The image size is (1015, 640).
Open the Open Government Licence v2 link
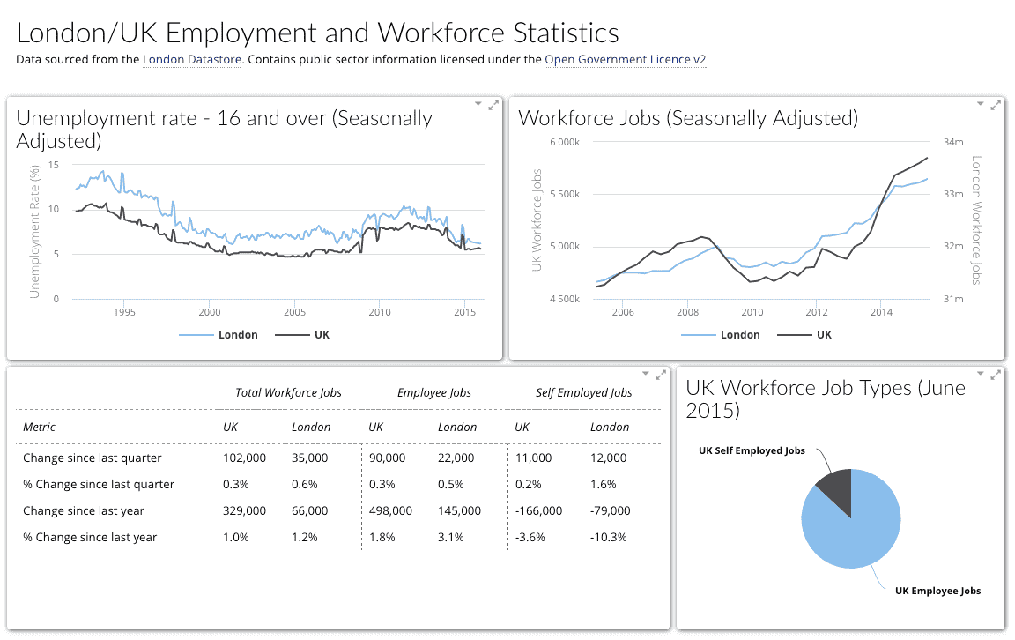click(x=626, y=60)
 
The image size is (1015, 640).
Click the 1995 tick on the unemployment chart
click(x=124, y=312)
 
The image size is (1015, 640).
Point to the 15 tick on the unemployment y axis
click(x=54, y=165)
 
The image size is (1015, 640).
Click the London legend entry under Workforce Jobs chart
click(x=720, y=335)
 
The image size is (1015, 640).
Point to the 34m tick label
click(x=953, y=142)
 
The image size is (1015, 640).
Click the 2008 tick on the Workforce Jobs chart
click(x=687, y=312)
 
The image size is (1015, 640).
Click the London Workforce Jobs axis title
click(x=975, y=220)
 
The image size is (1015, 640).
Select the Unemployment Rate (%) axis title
click(x=35, y=228)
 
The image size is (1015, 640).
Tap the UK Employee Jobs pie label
click(x=937, y=591)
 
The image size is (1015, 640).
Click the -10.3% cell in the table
click(x=610, y=537)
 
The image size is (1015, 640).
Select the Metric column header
click(x=39, y=428)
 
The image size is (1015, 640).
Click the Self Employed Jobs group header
click(x=583, y=393)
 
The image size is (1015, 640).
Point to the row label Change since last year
click(x=84, y=510)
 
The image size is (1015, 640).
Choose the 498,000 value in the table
click(x=390, y=510)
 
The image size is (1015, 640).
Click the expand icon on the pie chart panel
click(x=996, y=375)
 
